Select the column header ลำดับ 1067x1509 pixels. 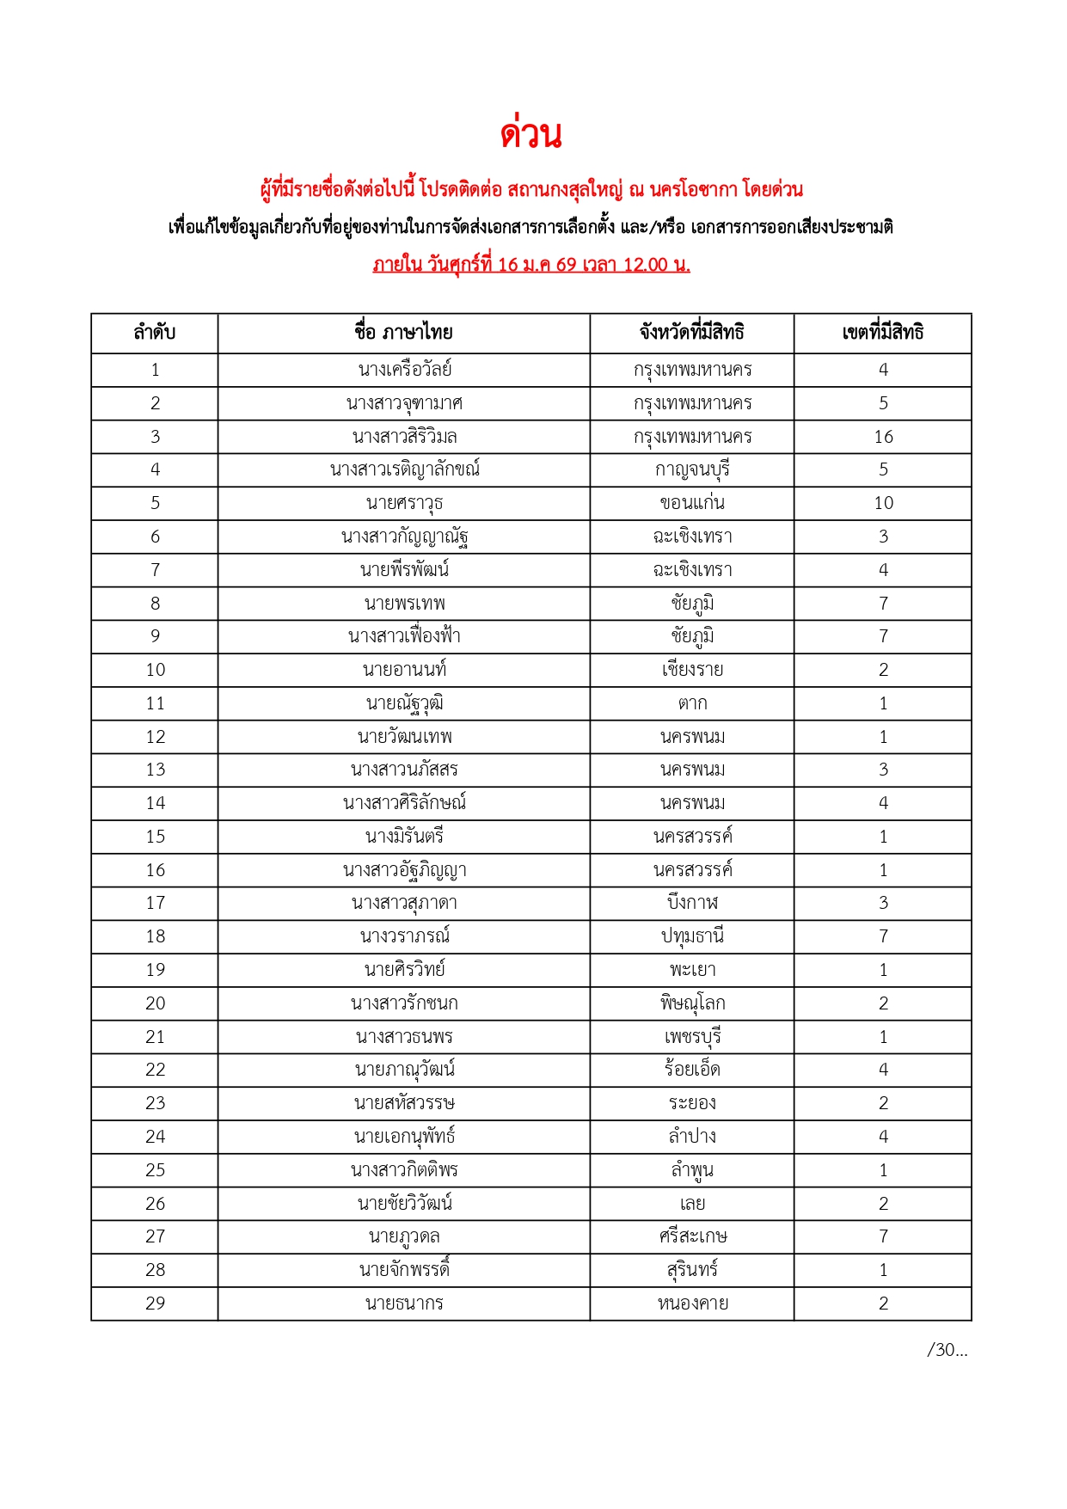point(155,333)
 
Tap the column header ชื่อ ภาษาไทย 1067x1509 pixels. point(403,333)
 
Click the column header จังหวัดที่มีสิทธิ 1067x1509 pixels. point(691,333)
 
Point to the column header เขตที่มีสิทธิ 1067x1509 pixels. point(883,333)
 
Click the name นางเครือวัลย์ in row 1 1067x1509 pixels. point(404,370)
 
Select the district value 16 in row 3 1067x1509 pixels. point(883,437)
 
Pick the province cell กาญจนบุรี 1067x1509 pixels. point(692,470)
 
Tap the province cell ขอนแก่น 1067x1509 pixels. point(692,503)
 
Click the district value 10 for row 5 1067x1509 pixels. point(883,503)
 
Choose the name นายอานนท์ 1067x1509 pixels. point(404,670)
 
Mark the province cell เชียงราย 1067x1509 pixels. point(692,670)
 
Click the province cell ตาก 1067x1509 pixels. point(692,703)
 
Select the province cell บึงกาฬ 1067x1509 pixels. point(692,903)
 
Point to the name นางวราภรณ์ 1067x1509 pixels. point(404,936)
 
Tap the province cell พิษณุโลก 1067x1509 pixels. point(692,1003)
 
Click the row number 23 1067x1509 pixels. point(155,1103)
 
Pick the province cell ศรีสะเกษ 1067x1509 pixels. point(692,1236)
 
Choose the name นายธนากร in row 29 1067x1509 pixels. point(404,1304)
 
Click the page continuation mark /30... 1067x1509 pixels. point(947,1350)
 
